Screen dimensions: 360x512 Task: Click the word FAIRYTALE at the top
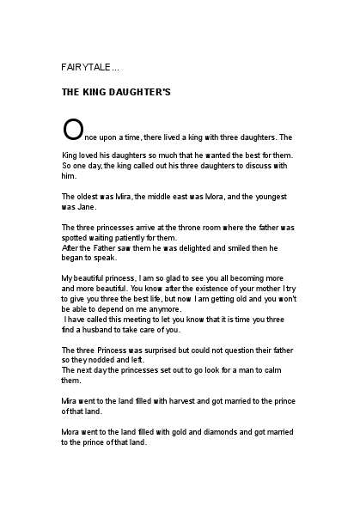pyautogui.click(x=84, y=66)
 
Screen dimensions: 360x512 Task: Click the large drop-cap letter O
pyautogui.click(x=73, y=129)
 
